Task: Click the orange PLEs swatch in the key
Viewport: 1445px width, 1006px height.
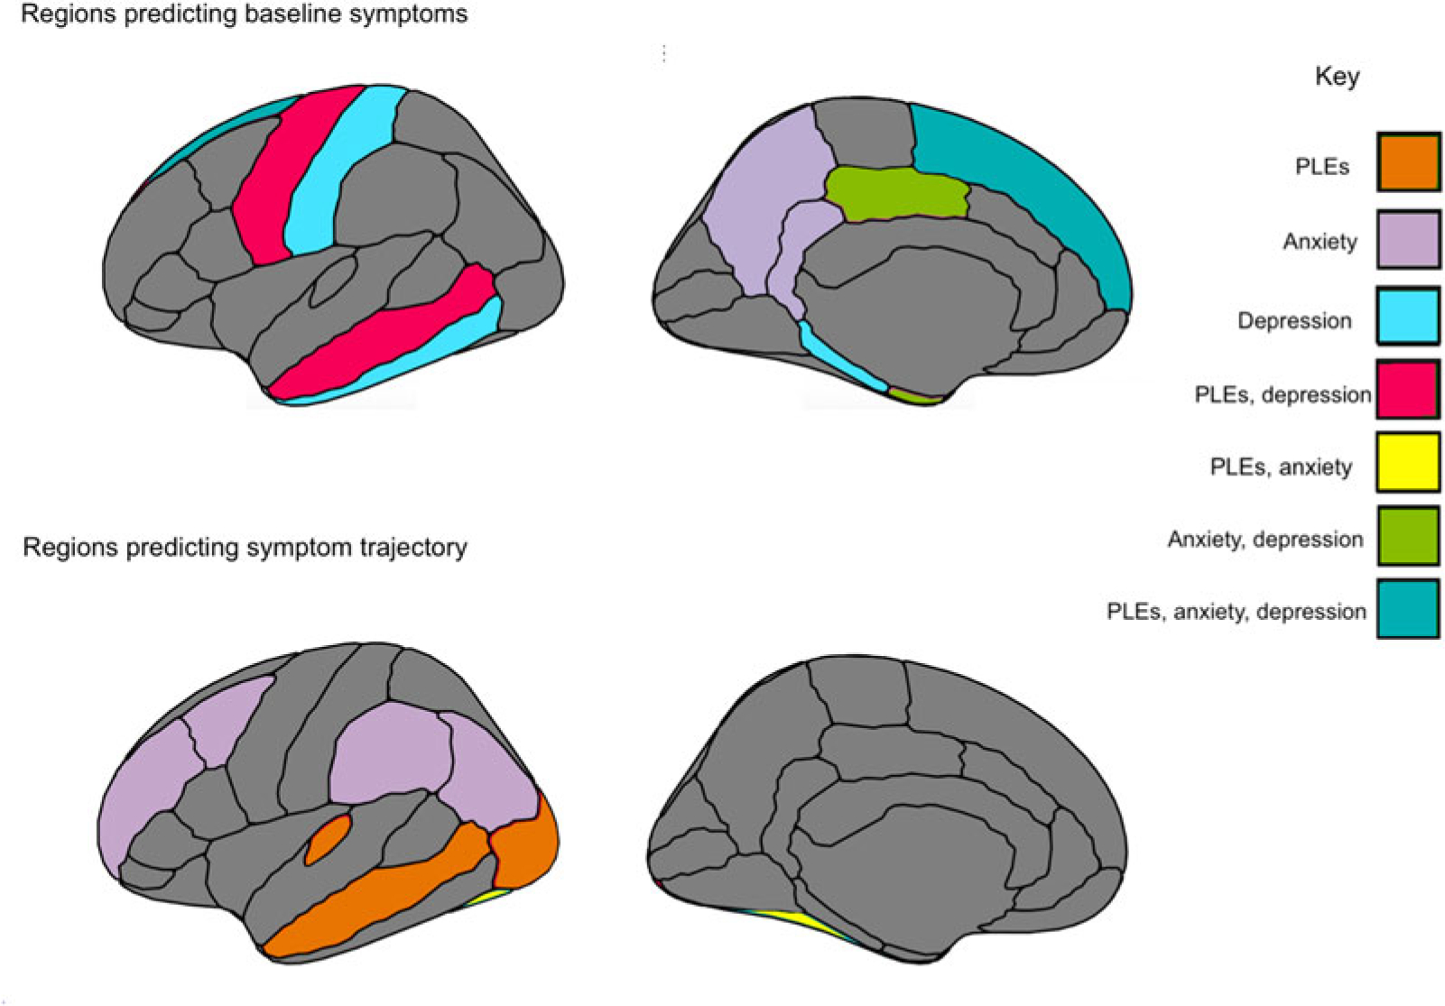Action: tap(1408, 162)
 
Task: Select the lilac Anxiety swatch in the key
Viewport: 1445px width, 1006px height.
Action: tap(1408, 239)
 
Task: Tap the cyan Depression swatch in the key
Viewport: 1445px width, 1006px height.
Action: tap(1408, 316)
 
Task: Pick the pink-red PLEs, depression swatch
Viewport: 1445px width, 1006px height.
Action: tap(1408, 389)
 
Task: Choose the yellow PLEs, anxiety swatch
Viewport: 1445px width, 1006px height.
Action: tap(1408, 462)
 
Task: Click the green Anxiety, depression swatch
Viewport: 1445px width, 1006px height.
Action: tap(1408, 535)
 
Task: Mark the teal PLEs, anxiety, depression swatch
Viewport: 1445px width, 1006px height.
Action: tap(1408, 609)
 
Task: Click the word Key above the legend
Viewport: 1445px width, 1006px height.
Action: tap(1337, 76)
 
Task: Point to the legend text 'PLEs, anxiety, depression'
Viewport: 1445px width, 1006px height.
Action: tap(1236, 612)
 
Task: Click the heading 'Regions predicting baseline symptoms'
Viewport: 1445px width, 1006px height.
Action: tap(244, 14)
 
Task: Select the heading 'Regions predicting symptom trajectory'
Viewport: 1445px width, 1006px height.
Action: tap(245, 547)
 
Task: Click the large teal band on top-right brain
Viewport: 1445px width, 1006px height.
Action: tap(1038, 180)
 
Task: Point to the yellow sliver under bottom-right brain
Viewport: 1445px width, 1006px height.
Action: tap(803, 924)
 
